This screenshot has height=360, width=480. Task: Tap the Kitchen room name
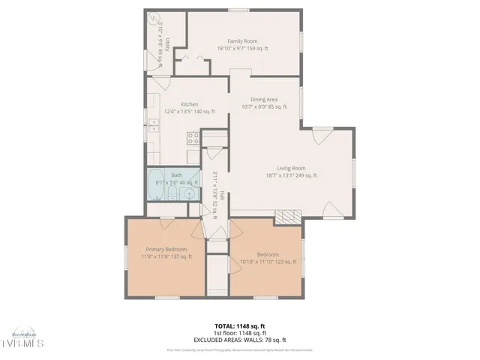pos(189,104)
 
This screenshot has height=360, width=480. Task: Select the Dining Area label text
pos(264,99)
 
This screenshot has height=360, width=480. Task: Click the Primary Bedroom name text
pos(166,249)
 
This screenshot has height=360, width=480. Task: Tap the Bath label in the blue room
pos(177,174)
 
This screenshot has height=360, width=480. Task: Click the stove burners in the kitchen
pos(192,138)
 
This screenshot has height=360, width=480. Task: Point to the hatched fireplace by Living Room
pos(286,217)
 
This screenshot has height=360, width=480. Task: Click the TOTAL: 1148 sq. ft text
pos(239,326)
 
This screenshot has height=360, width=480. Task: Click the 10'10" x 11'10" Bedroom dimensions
pos(268,262)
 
